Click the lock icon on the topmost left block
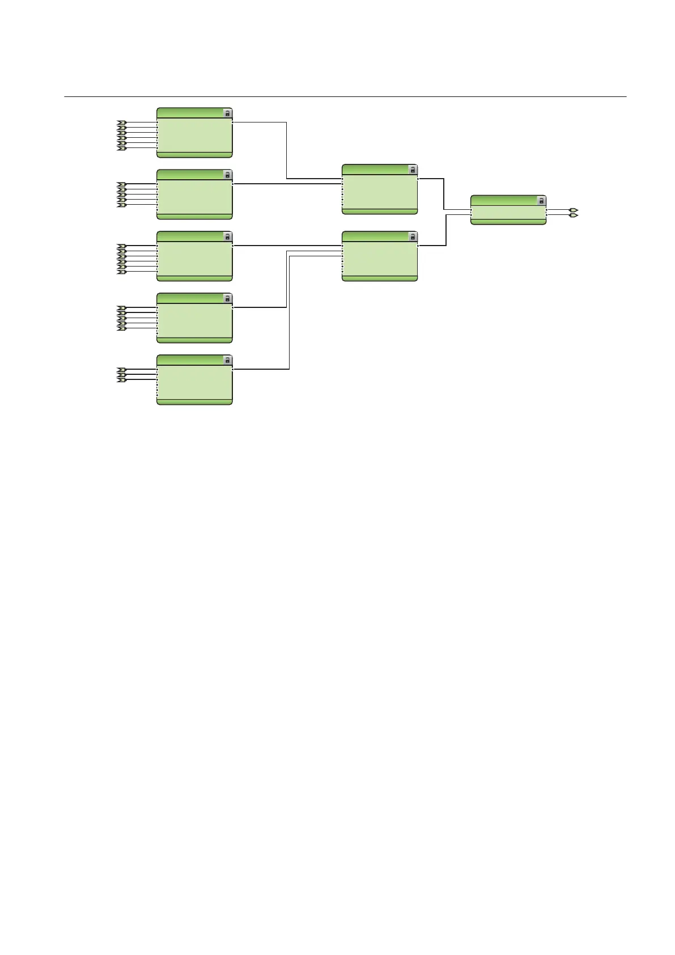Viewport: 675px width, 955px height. pyautogui.click(x=227, y=113)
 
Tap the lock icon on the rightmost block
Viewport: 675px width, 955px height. pyautogui.click(x=541, y=201)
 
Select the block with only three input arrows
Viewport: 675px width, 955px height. pyautogui.click(x=194, y=380)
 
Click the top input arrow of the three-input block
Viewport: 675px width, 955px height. pyautogui.click(x=121, y=370)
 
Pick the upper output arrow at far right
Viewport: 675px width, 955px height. pyautogui.click(x=574, y=210)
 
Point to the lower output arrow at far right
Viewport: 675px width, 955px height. pyautogui.click(x=574, y=215)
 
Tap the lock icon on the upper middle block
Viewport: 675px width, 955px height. pyautogui.click(x=413, y=170)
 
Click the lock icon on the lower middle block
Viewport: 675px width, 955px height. pyautogui.click(x=413, y=237)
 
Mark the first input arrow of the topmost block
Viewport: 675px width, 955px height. pyautogui.click(x=121, y=122)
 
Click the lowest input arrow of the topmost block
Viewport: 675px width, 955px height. pyautogui.click(x=121, y=148)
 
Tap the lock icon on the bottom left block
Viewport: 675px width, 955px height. pyautogui.click(x=227, y=361)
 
